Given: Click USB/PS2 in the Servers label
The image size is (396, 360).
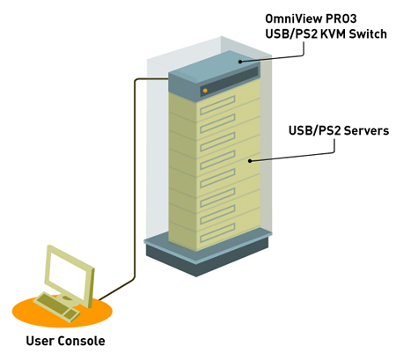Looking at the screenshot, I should (311, 131).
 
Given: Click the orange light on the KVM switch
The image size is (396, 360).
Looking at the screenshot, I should (205, 90).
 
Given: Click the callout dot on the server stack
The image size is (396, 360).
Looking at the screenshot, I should (252, 160).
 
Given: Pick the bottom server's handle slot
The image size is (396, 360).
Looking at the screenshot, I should (218, 226).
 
